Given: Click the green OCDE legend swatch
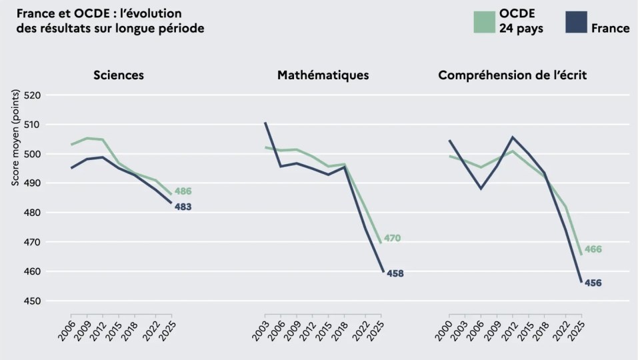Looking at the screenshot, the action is (x=484, y=22).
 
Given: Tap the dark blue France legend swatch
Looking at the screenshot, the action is (x=576, y=22).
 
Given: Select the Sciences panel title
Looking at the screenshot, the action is (x=119, y=75).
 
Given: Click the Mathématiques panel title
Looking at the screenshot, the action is (x=323, y=75).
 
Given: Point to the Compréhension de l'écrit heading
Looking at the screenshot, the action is (x=513, y=75).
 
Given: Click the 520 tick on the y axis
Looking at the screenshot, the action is (x=33, y=95).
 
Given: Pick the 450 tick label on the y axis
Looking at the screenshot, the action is (x=33, y=301).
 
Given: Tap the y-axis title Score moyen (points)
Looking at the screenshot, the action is (x=15, y=137).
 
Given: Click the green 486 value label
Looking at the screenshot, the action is (x=183, y=191).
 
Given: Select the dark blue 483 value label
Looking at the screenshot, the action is (x=183, y=207).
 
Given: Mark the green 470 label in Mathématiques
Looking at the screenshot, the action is (x=392, y=238).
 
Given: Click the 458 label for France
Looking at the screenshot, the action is (x=395, y=273).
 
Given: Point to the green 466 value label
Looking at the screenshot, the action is (x=593, y=249).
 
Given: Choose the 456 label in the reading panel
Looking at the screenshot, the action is (x=593, y=283).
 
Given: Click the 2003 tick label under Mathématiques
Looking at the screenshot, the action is (x=261, y=331).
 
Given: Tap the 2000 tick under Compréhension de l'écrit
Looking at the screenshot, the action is (x=444, y=331).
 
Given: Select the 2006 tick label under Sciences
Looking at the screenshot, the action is (x=67, y=331).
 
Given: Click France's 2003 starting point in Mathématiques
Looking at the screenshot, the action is (x=265, y=123).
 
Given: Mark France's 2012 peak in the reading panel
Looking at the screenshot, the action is (x=513, y=137).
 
